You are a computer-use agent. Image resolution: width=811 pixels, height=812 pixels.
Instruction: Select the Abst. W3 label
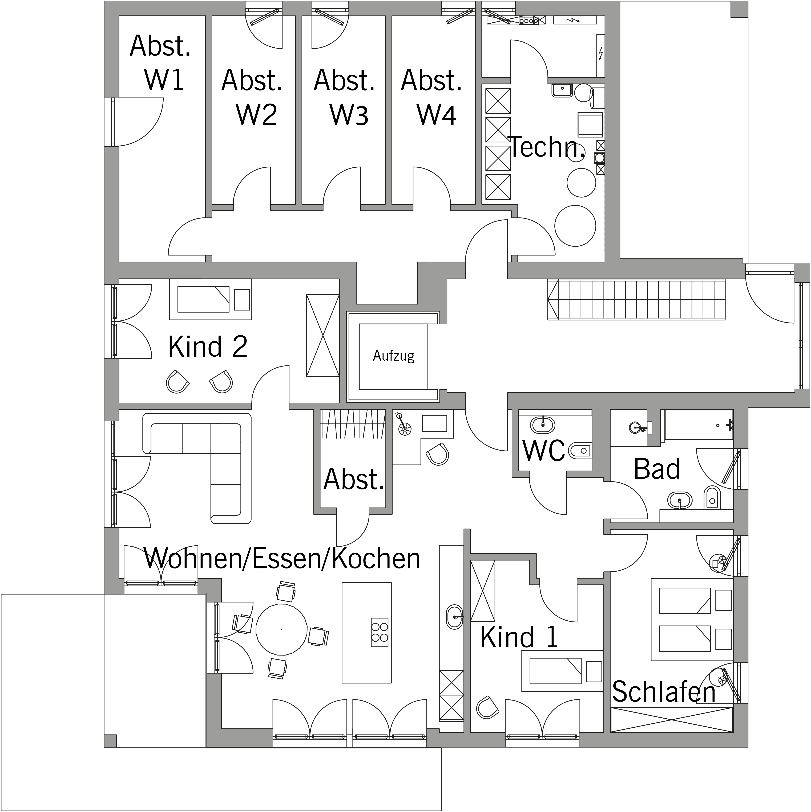coord(344,97)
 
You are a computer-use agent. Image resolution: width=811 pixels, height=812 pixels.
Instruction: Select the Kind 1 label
coord(519,637)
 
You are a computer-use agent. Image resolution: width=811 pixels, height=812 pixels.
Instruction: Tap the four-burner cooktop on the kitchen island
coord(379,632)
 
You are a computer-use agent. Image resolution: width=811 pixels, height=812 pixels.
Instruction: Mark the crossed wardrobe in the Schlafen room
coord(671,720)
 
